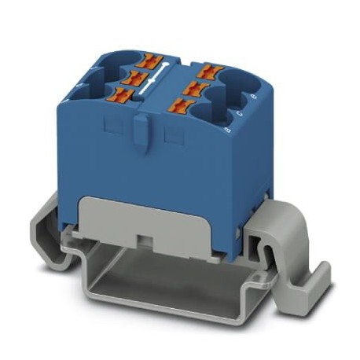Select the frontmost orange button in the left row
tap(121, 95)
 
